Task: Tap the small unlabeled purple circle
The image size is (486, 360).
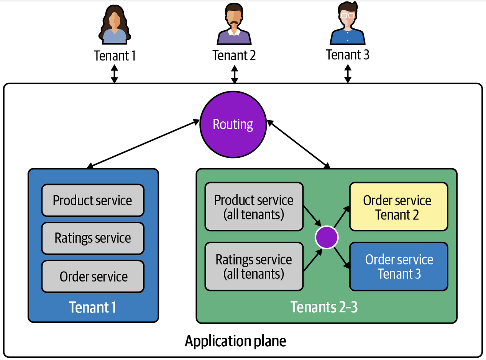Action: [327, 237]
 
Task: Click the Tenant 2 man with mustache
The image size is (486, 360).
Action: [234, 25]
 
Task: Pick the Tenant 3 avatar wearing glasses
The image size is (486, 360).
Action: [347, 24]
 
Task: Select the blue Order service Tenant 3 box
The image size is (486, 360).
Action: [399, 266]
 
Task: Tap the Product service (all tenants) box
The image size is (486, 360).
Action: [254, 207]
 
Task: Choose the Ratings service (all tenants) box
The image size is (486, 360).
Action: [254, 266]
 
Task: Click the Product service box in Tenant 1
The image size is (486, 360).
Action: [93, 200]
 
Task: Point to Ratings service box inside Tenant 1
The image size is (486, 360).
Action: [93, 238]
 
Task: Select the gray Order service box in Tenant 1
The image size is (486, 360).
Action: [93, 276]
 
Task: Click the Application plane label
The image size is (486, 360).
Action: [235, 340]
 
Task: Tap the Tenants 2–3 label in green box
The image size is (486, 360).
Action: [324, 307]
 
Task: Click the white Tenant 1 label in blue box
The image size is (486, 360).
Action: [92, 307]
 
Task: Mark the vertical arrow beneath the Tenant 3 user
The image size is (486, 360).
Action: [348, 74]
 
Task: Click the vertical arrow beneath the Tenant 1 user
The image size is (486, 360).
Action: [114, 74]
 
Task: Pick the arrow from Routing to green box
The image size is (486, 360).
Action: [298, 144]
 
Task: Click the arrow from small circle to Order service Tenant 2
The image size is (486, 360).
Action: [342, 218]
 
